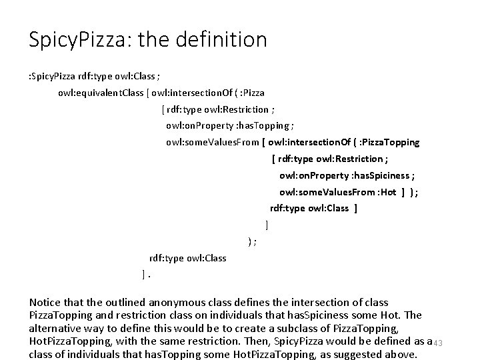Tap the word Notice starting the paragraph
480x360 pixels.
click(46, 303)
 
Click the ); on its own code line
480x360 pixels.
click(251, 241)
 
